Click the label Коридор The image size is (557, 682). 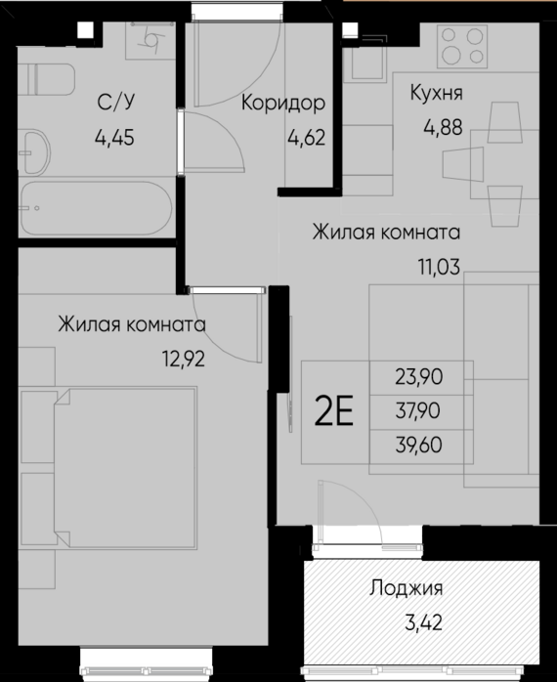tap(282, 102)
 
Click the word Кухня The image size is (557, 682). tap(437, 94)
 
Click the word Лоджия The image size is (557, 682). tap(407, 588)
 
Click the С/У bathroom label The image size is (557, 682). tap(114, 103)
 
